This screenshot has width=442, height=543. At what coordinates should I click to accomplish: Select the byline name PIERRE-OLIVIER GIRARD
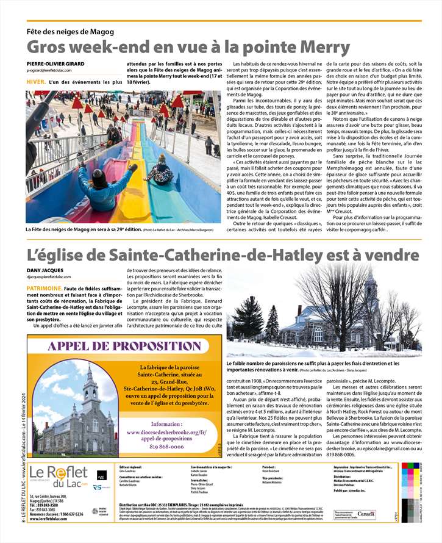coord(55,64)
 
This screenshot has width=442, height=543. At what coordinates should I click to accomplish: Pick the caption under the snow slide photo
coord(116,229)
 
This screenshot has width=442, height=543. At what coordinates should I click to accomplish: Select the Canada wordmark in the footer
coord(366,515)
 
